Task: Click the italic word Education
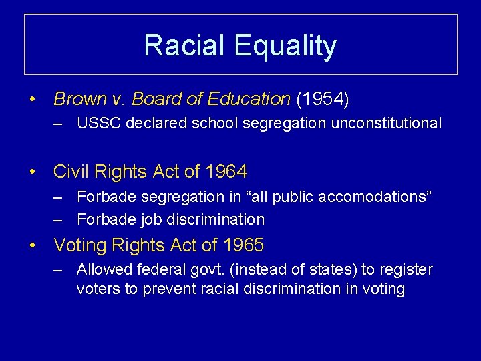point(249,100)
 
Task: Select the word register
point(408,269)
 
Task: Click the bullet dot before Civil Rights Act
point(33,172)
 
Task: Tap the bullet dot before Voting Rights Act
point(33,245)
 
